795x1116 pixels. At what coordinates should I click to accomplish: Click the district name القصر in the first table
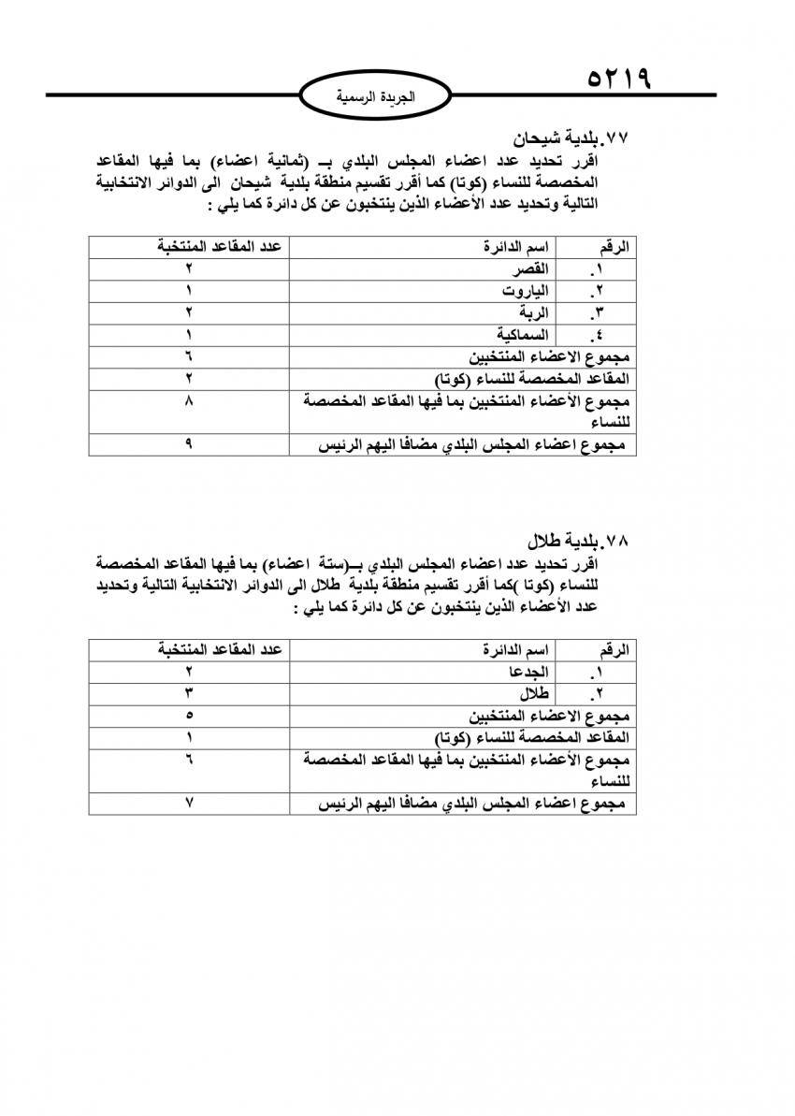[527, 269]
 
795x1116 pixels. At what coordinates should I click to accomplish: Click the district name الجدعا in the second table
[527, 673]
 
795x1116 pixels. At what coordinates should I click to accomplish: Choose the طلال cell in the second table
[533, 695]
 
